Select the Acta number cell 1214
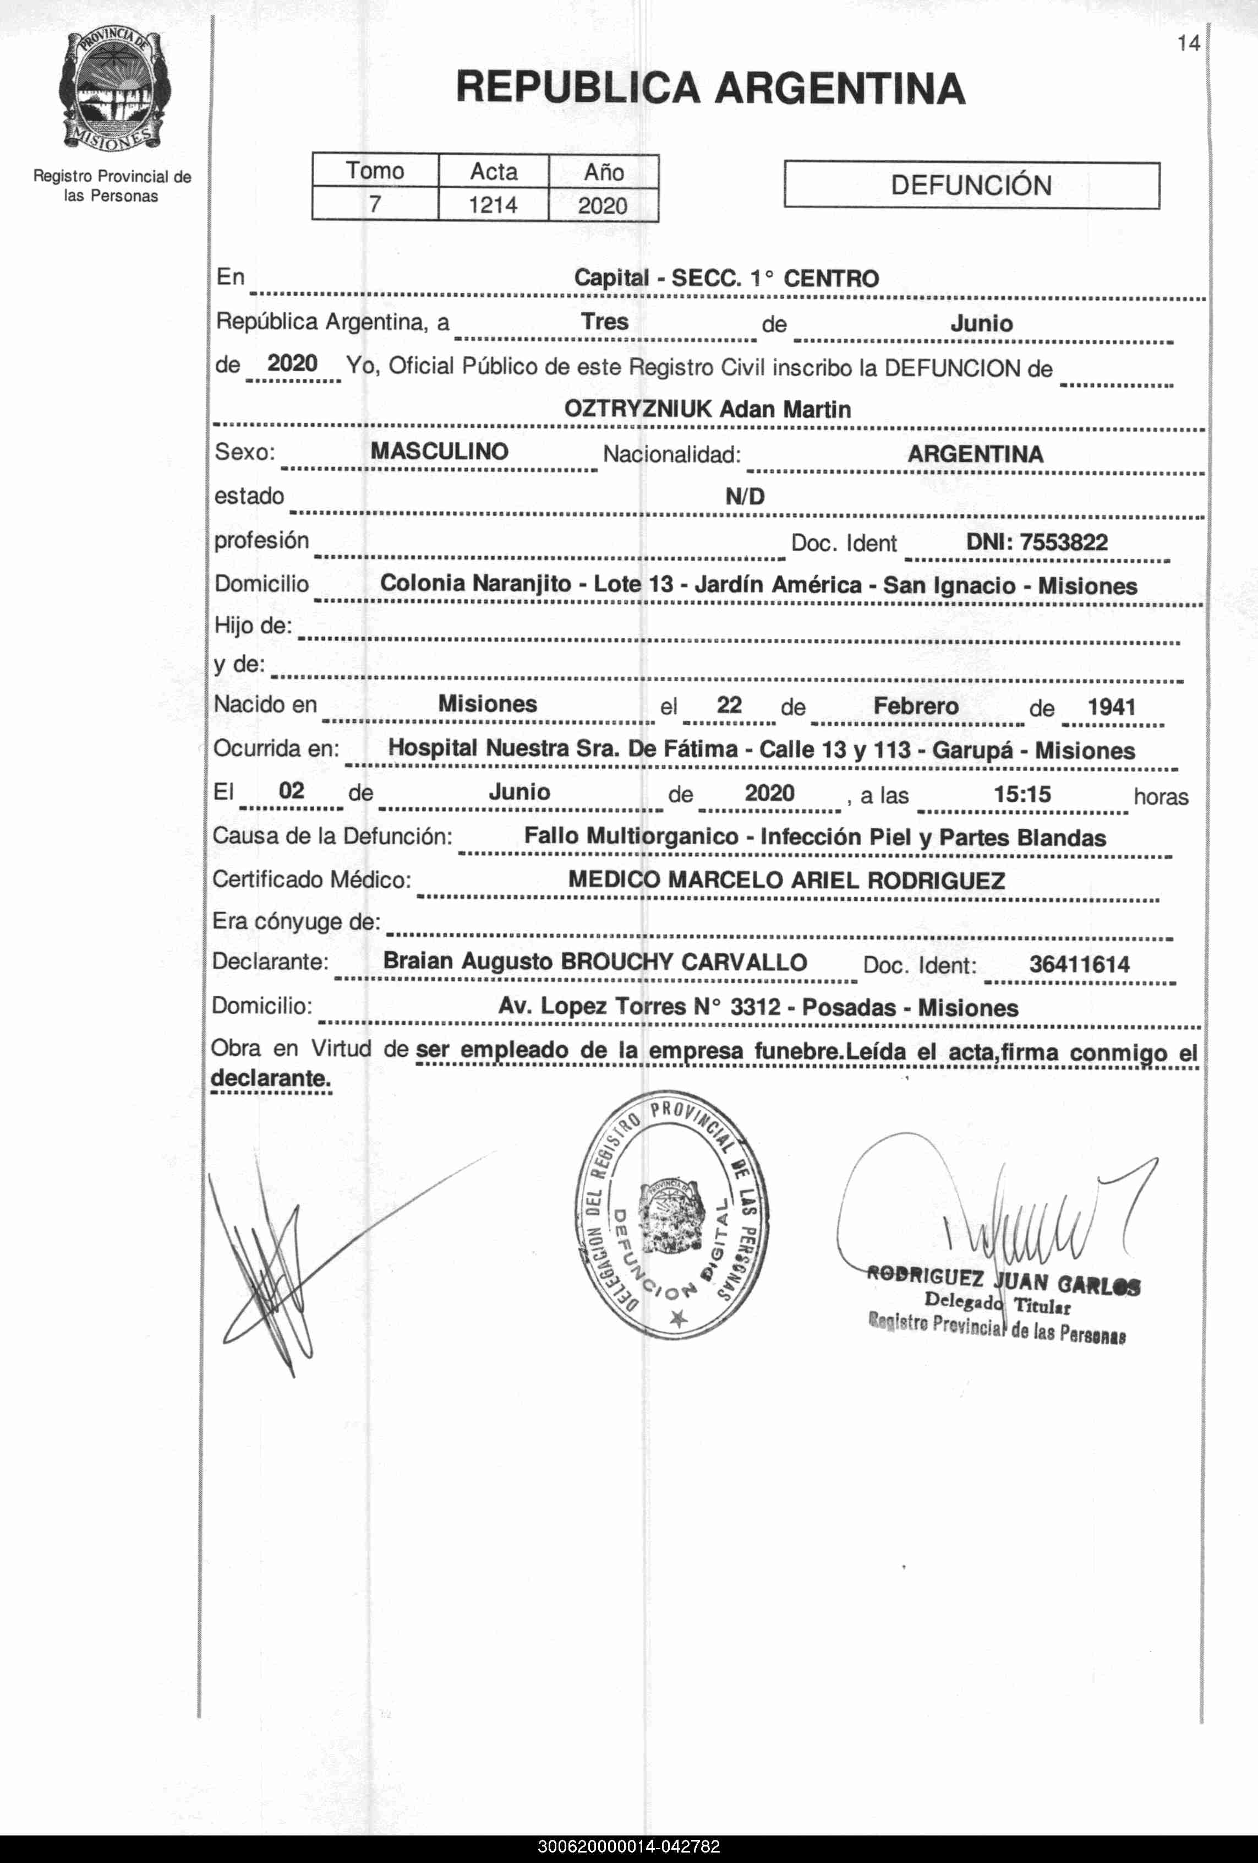pos(493,205)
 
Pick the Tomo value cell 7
pos(374,204)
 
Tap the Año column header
pos(603,172)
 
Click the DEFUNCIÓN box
pos(971,185)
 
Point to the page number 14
pos(1188,44)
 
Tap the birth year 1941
pos(1112,707)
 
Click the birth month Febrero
pos(915,706)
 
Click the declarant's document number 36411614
pos(1079,964)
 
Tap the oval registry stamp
pos(671,1214)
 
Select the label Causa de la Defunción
pos(332,836)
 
